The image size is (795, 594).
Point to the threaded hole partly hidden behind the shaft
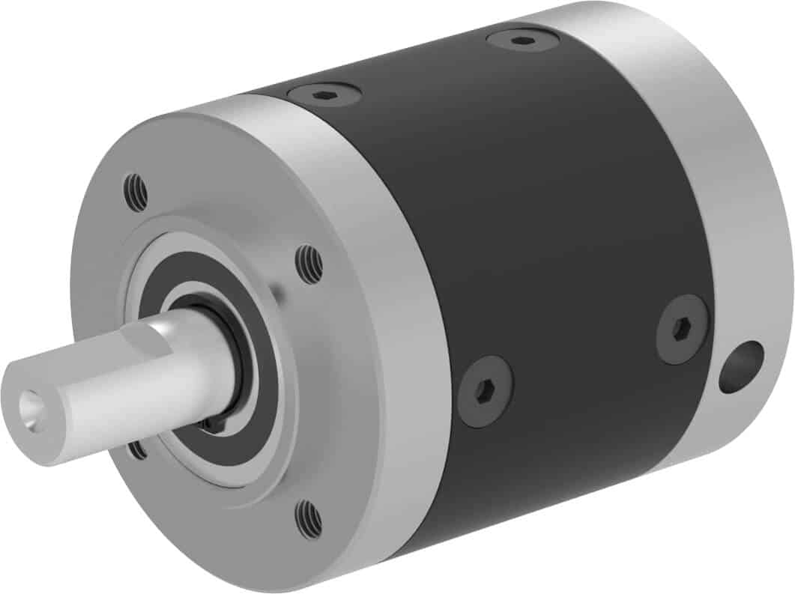(x=137, y=449)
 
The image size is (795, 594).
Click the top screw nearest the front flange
(x=324, y=94)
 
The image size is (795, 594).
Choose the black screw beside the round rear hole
(x=681, y=328)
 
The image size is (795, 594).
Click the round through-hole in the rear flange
(x=740, y=367)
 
